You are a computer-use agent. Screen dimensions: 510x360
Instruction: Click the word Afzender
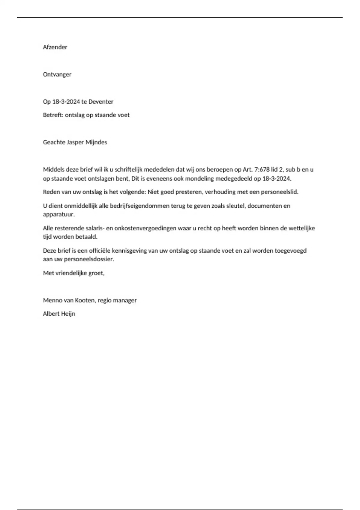coord(55,47)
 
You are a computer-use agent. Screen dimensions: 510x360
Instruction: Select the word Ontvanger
coord(57,74)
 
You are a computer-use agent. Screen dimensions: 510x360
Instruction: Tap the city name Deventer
coord(101,102)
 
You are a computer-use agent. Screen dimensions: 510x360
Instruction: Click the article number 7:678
coord(262,170)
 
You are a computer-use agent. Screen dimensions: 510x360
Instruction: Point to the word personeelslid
coord(280,192)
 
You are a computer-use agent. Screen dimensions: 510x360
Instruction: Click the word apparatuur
coord(59,215)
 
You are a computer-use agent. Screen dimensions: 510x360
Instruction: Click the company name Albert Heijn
coord(59,314)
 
